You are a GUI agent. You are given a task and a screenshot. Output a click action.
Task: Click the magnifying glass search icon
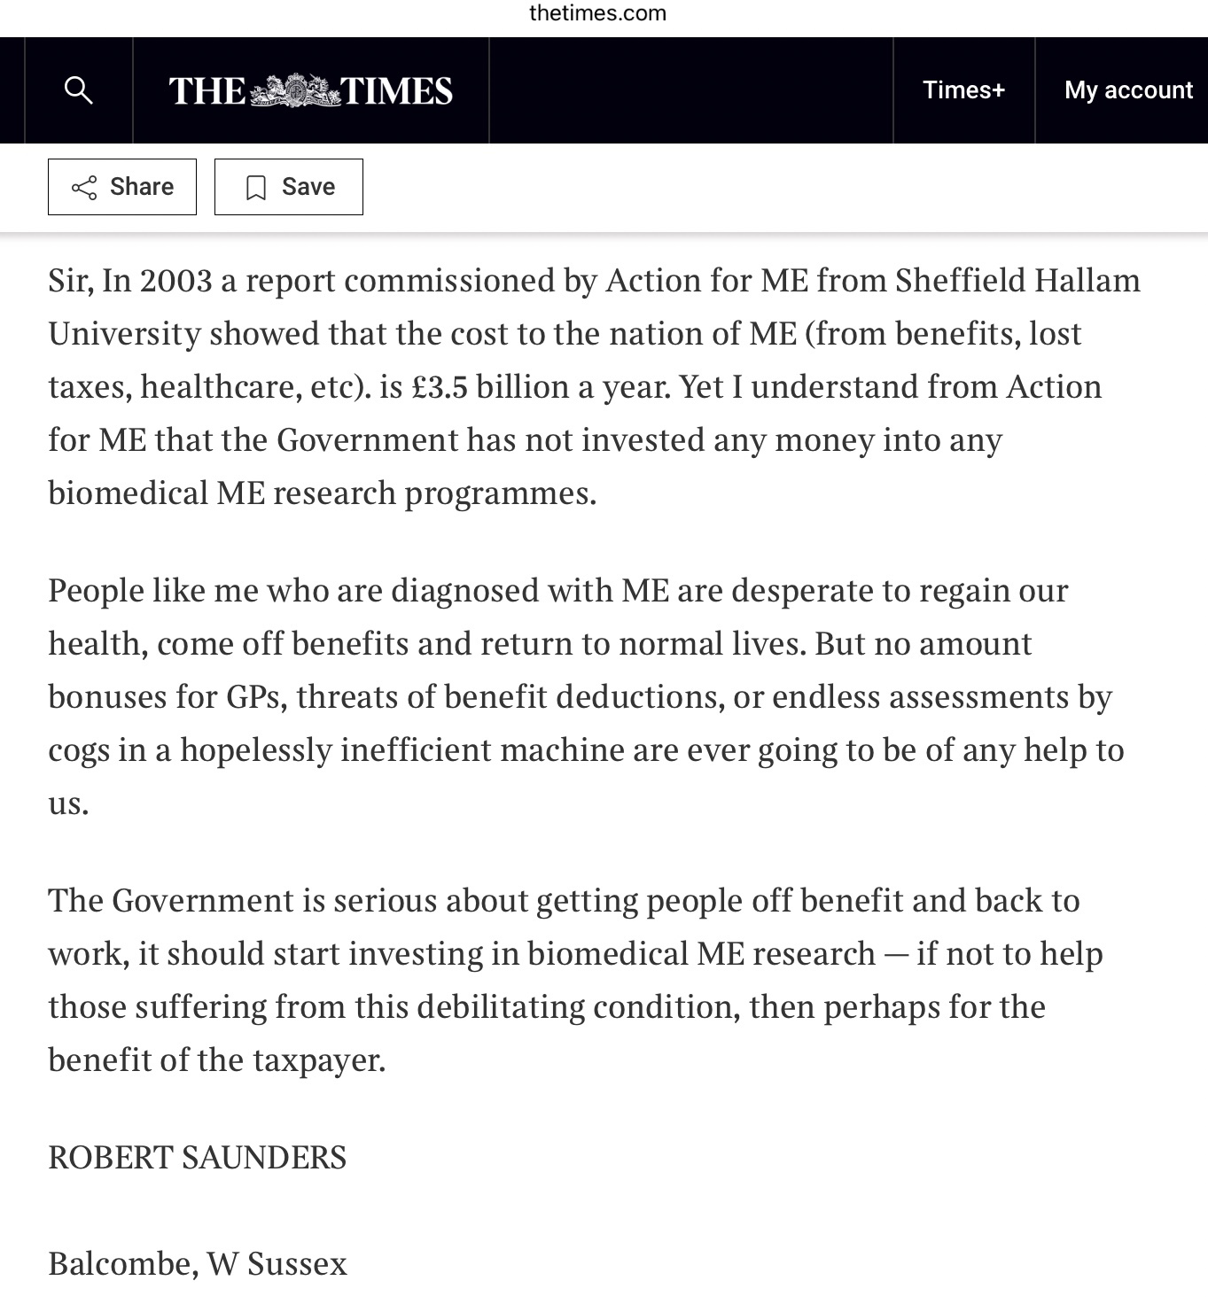coord(79,89)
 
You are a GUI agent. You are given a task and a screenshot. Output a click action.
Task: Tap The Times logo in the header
coord(310,90)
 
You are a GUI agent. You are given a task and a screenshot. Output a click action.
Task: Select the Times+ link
coord(963,89)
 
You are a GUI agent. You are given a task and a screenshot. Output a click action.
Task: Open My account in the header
coord(1127,89)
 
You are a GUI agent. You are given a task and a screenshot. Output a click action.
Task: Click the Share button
coord(122,187)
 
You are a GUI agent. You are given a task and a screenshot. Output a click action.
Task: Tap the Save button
coord(289,187)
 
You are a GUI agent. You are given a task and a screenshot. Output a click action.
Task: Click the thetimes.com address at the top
coord(597,13)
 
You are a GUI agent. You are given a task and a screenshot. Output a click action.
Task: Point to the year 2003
coord(175,281)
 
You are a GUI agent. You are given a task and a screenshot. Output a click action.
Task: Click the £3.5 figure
coord(440,387)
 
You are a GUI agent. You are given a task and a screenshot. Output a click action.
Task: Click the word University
coord(124,334)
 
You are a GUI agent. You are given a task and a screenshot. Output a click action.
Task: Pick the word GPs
coord(256,697)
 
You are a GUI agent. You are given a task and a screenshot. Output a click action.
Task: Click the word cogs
coord(78,750)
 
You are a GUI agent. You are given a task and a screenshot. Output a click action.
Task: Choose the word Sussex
coord(297,1264)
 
